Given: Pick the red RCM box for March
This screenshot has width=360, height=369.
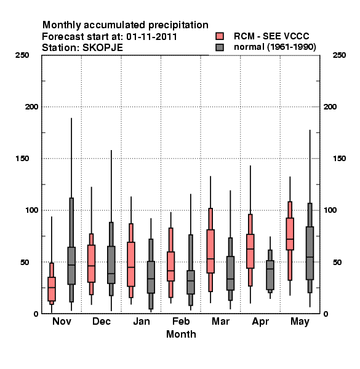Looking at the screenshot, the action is coord(210,252).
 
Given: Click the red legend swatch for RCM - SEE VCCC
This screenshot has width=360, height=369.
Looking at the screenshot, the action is coord(220,36).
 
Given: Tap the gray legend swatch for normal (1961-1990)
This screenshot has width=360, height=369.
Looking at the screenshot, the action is coord(220,47).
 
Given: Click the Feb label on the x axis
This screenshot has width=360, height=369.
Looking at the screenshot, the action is coord(181,321).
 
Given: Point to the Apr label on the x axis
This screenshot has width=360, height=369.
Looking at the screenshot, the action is coord(260,322).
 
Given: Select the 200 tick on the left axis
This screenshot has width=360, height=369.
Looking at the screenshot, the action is coord(31,107).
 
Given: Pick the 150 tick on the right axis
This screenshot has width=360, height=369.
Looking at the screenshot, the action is coord(339,159).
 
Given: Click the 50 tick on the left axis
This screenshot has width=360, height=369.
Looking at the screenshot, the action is coord(25,262).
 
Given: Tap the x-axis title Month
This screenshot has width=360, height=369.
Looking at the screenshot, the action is coord(181,334).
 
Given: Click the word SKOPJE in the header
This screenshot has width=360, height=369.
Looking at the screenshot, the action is coord(102,48).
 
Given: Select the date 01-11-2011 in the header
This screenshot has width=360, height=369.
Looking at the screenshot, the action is coord(151,37).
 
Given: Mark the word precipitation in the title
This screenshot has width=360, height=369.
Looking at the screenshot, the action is coord(178,25).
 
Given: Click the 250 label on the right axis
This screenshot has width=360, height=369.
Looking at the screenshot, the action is coord(339,55).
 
